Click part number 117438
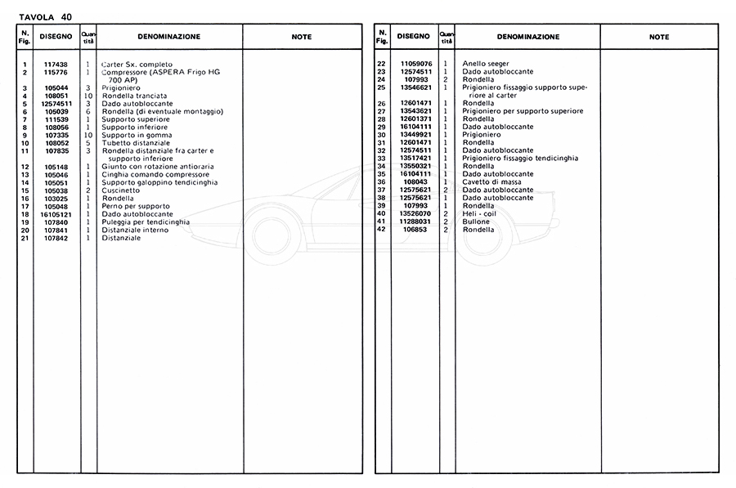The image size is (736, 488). pos(56,65)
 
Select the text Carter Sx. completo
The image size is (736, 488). pos(137,65)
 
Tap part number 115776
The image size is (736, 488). pos(56,72)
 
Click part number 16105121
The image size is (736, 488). pos(56,214)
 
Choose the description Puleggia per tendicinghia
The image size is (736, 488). pos(146,222)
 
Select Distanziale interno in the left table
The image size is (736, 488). pos(135,230)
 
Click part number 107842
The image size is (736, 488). pos(56,238)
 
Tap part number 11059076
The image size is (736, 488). pos(415,64)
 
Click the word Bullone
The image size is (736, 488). pos(476,222)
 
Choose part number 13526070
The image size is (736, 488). pos(415,214)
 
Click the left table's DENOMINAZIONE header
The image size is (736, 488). pos(168,37)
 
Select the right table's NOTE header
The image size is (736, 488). pos(658,37)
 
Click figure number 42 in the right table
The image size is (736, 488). pos(381,230)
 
